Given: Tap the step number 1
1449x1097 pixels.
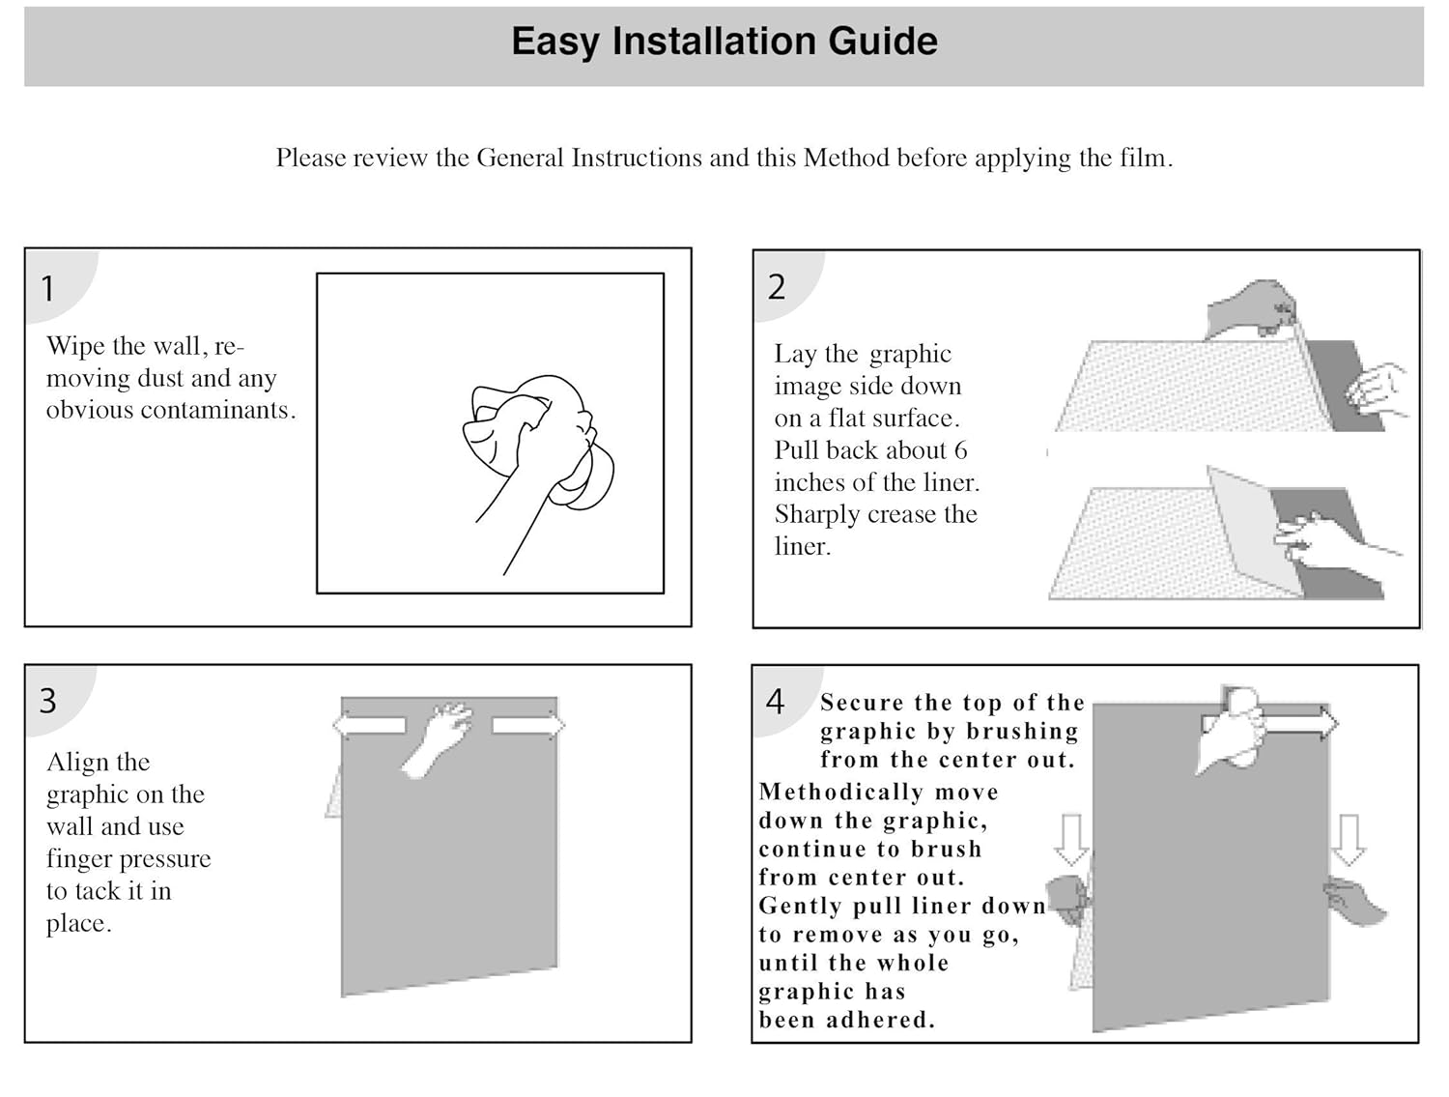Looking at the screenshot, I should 47,289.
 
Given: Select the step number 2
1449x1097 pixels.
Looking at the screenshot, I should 777,287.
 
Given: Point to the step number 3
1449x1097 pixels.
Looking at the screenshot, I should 47,701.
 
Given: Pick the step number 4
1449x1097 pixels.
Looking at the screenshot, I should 775,702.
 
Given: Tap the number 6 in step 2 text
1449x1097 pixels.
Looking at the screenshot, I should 960,450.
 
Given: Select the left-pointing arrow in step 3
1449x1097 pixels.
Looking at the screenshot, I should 369,725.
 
